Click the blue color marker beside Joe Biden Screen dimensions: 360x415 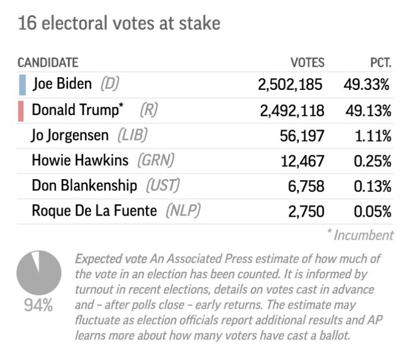click(x=22, y=85)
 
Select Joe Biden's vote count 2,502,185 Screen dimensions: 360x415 click(x=290, y=85)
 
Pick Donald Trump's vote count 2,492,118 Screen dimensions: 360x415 click(x=292, y=111)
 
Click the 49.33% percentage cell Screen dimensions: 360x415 click(x=367, y=85)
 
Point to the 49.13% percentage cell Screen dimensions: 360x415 click(x=368, y=111)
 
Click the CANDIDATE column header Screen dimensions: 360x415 click(x=48, y=62)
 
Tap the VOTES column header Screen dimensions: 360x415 click(x=307, y=62)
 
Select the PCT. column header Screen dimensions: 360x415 click(x=380, y=62)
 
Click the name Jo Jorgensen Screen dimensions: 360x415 click(x=72, y=136)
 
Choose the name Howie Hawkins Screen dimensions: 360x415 click(x=81, y=161)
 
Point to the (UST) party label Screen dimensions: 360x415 click(x=163, y=186)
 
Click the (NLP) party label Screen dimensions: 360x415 click(x=182, y=210)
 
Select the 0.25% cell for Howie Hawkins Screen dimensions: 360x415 click(x=372, y=161)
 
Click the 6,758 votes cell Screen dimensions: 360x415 click(x=306, y=186)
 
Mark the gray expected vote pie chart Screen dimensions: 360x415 click(x=39, y=272)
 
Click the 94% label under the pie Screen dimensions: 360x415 click(x=38, y=306)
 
